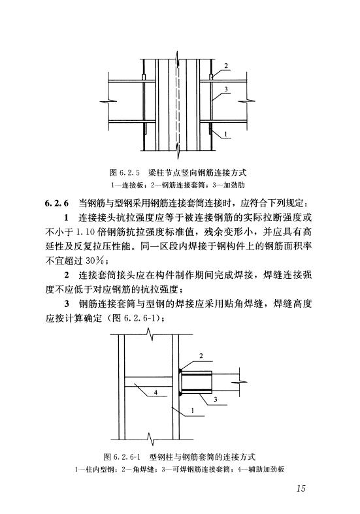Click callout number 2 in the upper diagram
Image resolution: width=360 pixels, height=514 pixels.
[x=226, y=65]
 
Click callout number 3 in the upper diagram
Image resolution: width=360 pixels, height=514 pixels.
[x=226, y=89]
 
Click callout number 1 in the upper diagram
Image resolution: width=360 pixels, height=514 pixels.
[x=226, y=133]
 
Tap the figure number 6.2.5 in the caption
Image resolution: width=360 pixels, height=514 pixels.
[x=129, y=172]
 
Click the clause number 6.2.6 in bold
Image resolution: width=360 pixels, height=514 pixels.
[x=57, y=203]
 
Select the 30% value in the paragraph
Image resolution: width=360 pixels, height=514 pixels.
[x=95, y=261]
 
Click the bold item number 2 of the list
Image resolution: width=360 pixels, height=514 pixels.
[x=67, y=275]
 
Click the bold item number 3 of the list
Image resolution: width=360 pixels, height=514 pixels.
[x=67, y=304]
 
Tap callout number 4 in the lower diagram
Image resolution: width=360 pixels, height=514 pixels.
[x=155, y=392]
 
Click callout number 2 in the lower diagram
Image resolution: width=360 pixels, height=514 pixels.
[x=201, y=356]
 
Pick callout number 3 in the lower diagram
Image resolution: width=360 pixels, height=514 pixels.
[x=216, y=400]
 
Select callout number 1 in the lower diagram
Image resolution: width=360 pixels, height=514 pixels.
[x=193, y=410]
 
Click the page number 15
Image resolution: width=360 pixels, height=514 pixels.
[x=301, y=488]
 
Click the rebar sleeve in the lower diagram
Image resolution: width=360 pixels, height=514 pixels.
[x=197, y=382]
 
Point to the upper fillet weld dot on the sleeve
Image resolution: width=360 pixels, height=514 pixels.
[x=180, y=371]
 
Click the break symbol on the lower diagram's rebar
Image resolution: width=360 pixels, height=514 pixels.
[x=240, y=382]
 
